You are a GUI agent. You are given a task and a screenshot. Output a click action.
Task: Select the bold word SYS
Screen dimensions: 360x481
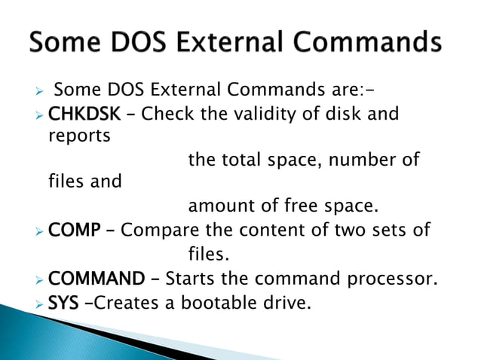pos(63,305)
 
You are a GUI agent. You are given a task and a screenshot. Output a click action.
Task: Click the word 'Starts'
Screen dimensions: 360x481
pos(189,280)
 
